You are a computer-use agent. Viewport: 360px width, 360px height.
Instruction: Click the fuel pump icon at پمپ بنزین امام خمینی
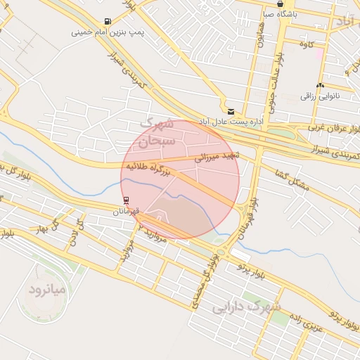[107, 21]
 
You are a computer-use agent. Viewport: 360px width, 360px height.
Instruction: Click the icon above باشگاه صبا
[281, 4]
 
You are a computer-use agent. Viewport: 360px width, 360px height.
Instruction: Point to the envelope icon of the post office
[231, 111]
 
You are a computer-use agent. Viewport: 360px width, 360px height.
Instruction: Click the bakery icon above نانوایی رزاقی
[321, 85]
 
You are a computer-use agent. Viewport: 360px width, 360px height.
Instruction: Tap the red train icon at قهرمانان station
[126, 200]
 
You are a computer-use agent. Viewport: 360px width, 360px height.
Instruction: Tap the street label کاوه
[306, 45]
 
